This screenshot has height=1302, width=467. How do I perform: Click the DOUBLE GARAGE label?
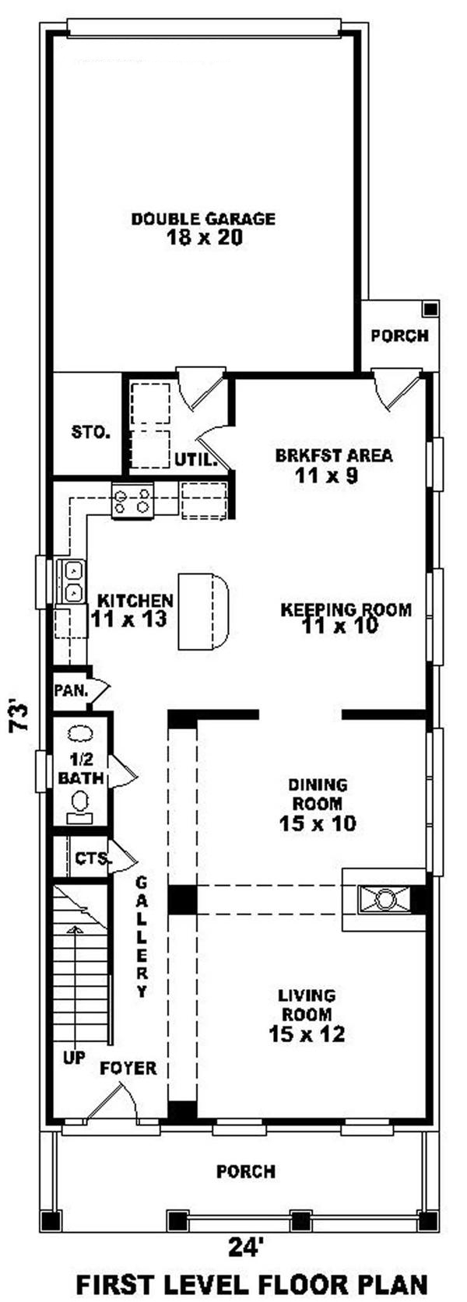(x=202, y=219)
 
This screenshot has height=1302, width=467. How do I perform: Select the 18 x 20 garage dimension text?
(x=204, y=238)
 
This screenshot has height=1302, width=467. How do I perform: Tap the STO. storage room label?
(x=91, y=431)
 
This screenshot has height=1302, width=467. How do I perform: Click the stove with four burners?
(x=132, y=500)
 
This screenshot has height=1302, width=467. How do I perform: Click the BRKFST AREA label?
(x=333, y=455)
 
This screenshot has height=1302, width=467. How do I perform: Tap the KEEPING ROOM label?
(x=346, y=609)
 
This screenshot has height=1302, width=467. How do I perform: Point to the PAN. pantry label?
(x=71, y=690)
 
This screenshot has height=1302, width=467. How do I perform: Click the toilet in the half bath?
(x=81, y=802)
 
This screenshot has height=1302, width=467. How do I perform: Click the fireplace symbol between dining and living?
(x=385, y=900)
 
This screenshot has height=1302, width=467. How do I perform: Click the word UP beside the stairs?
(x=74, y=1058)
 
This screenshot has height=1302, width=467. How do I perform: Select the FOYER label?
(x=128, y=1069)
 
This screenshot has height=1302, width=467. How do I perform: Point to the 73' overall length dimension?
(x=22, y=717)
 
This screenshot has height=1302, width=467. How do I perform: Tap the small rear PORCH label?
(x=399, y=335)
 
